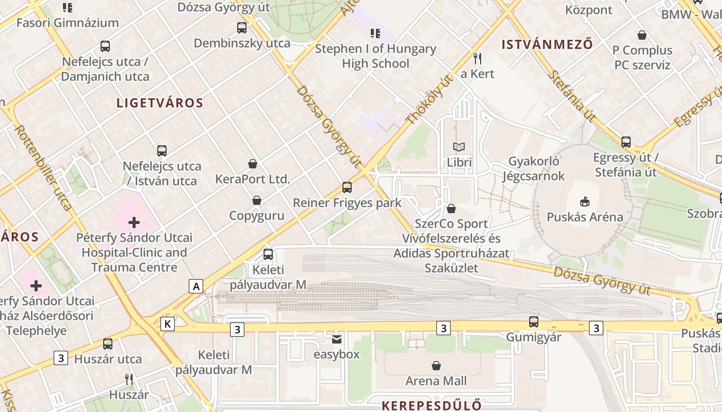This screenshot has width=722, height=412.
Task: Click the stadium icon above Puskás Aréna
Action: tap(585, 201)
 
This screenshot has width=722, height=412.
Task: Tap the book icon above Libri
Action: tap(459, 147)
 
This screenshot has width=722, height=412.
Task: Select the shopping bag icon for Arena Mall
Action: tap(436, 366)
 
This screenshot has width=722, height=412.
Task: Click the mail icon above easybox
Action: tap(337, 339)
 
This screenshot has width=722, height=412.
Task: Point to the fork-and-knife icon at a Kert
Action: tap(478, 58)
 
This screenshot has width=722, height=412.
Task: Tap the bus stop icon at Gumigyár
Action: tap(534, 322)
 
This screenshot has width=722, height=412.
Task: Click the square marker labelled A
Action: tap(196, 286)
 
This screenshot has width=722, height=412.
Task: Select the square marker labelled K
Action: tap(168, 324)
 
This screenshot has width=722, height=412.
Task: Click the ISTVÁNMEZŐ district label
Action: tap(547, 45)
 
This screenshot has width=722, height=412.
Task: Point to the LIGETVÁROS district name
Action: tap(160, 103)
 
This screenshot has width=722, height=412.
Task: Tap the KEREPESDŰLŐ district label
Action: tap(432, 405)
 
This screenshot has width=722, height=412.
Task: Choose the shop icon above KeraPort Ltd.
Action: tap(253, 164)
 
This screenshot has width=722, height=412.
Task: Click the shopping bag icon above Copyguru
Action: tap(257, 200)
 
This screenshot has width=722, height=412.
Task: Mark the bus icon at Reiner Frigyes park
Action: tap(347, 187)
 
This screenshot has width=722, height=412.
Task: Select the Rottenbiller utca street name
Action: tap(44, 167)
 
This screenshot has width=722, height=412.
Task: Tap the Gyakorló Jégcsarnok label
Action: tap(534, 169)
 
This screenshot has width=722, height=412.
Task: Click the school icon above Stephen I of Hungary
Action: tap(375, 33)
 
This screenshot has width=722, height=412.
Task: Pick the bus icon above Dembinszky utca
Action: tap(242, 28)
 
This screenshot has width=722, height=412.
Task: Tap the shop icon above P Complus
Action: tap(642, 35)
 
